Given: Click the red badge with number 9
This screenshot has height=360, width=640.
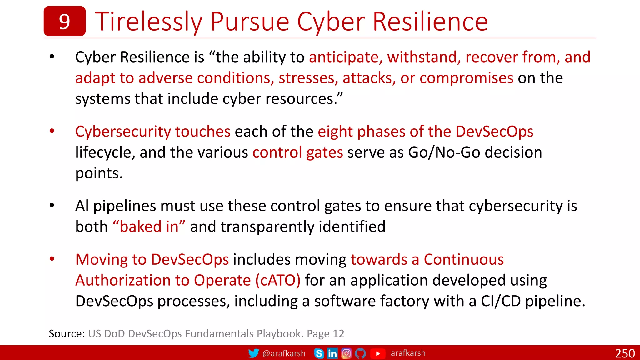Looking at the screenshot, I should (x=64, y=21).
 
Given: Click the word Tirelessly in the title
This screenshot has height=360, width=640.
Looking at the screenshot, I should (x=149, y=22).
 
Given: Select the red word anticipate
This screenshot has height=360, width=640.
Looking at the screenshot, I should (x=344, y=57).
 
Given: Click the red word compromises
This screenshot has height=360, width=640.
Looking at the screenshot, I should (x=466, y=78).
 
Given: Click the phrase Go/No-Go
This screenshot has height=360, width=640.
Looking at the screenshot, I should (x=444, y=152).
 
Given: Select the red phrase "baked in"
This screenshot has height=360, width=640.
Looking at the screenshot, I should (x=149, y=227).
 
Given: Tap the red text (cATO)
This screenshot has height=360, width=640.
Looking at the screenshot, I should (x=278, y=280).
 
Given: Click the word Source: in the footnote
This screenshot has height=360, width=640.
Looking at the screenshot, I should (x=67, y=334).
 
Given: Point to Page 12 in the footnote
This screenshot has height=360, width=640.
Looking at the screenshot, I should (x=325, y=334).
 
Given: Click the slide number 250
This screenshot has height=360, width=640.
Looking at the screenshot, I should (x=625, y=353).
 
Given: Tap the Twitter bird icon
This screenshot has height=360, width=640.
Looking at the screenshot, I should (x=253, y=353).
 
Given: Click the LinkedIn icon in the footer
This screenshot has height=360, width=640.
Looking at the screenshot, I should (x=332, y=353).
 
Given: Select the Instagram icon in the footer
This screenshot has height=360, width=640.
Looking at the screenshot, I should (x=346, y=353).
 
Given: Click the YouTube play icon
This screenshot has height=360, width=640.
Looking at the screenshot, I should (x=377, y=353).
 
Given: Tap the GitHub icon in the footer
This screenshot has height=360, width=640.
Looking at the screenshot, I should (x=360, y=353).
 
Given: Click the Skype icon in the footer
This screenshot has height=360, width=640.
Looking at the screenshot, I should (x=319, y=353).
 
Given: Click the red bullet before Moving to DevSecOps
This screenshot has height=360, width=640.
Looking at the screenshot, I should (x=52, y=259).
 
